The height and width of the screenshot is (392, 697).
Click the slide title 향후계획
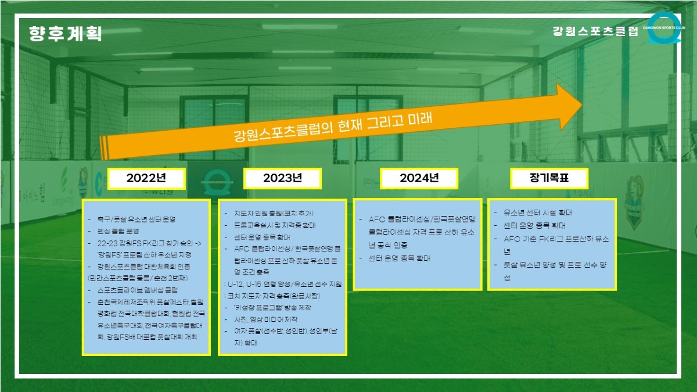click(x=65, y=33)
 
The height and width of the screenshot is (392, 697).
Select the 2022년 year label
click(x=146, y=178)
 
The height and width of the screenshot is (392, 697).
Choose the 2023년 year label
click(x=282, y=178)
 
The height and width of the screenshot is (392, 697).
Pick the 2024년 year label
click(x=419, y=178)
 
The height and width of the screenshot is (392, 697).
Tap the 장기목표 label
click(x=549, y=178)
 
